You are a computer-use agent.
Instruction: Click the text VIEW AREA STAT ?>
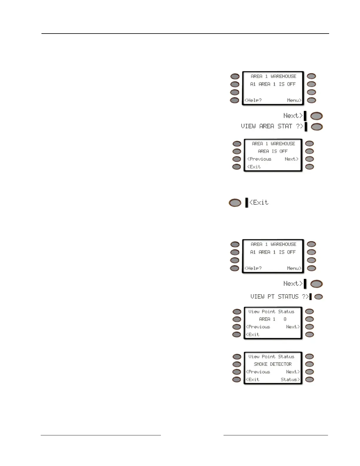pyautogui.click(x=272, y=126)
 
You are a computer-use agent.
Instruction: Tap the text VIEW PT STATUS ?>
pyautogui.click(x=279, y=297)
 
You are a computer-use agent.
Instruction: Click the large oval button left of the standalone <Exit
pyautogui.click(x=235, y=203)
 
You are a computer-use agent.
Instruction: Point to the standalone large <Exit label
pyautogui.click(x=259, y=202)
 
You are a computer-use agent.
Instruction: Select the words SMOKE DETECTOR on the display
pyautogui.click(x=273, y=364)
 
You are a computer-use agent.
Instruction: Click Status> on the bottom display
pyautogui.click(x=290, y=380)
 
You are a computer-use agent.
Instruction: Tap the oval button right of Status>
pyautogui.click(x=309, y=380)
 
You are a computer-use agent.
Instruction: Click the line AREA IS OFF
pyautogui.click(x=273, y=151)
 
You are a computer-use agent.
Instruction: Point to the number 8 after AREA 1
pyautogui.click(x=285, y=319)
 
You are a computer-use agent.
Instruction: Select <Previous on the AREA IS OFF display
pyautogui.click(x=259, y=159)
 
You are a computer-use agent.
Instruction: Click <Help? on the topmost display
pyautogui.click(x=253, y=100)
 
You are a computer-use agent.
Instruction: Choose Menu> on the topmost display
pyautogui.click(x=294, y=100)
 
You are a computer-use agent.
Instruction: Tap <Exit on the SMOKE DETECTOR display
pyautogui.click(x=253, y=380)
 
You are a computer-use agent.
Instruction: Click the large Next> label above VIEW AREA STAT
pyautogui.click(x=293, y=116)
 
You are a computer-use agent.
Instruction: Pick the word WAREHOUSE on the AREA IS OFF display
pyautogui.click(x=283, y=144)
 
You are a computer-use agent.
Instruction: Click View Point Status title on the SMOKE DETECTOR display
pyautogui.click(x=271, y=357)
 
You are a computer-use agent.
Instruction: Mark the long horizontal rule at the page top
pyautogui.click(x=185, y=34)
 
